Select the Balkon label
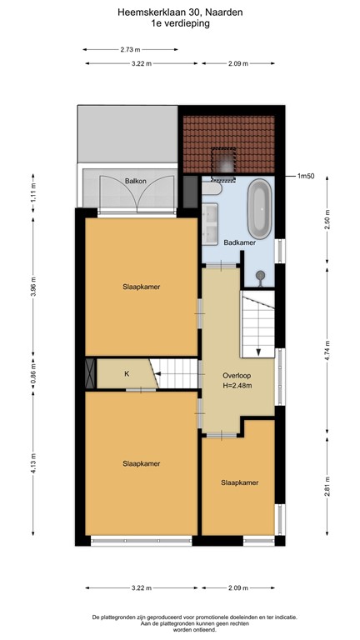136,180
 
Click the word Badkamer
240,242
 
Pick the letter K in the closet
127,373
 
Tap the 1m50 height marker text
307,177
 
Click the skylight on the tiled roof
224,161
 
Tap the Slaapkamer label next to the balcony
140,287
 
